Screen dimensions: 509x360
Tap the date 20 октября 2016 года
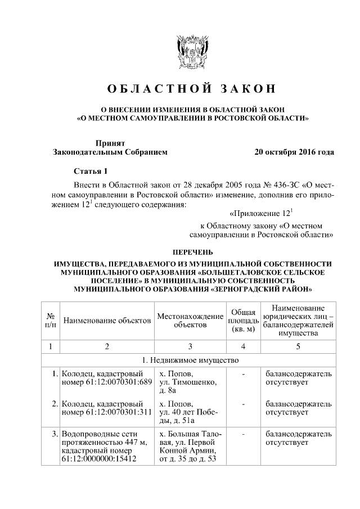tap(294, 152)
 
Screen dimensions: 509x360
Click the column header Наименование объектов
tap(107, 321)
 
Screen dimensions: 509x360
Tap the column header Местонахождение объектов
tap(191, 321)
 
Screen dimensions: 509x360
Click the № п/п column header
tap(51, 321)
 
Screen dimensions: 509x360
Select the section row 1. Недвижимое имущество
tap(192, 359)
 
